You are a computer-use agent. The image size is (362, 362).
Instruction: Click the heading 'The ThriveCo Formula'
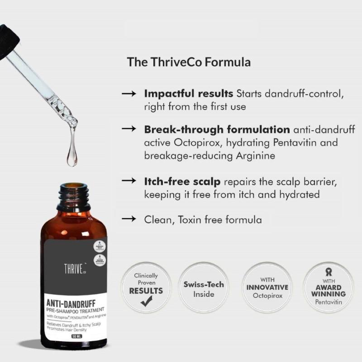click(x=189, y=62)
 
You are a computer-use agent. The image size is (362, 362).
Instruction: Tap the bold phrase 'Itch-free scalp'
click(x=182, y=181)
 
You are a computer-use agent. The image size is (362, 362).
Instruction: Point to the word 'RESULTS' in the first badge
click(x=146, y=291)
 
